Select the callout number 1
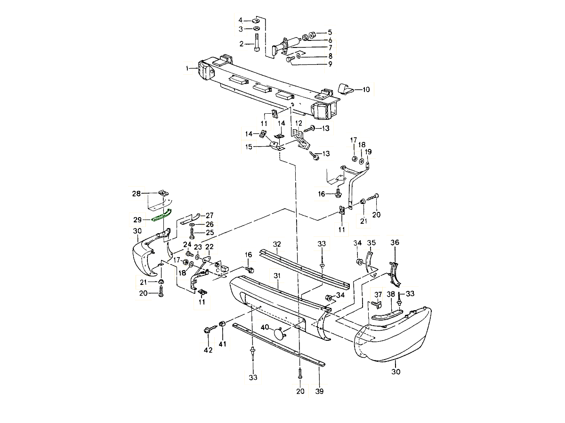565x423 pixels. point(188,69)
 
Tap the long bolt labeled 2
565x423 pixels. point(257,43)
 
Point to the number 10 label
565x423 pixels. point(366,89)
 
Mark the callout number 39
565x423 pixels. point(319,391)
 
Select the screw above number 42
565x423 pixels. point(207,331)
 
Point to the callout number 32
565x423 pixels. point(277,244)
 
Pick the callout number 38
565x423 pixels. point(391,294)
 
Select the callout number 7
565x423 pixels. point(330,47)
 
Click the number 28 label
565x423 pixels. point(136,194)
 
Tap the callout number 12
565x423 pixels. point(299,123)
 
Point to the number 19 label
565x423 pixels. point(368,152)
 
